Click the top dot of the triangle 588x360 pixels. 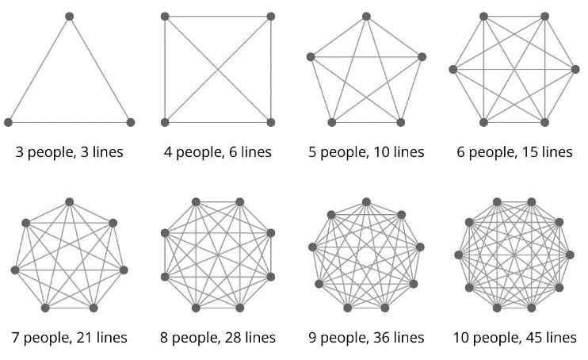[70, 16]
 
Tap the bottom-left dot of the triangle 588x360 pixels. [9, 122]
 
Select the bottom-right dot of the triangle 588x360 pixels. [131, 122]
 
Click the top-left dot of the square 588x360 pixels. [165, 16]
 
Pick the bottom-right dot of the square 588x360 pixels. [271, 122]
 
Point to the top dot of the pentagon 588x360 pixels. [365, 16]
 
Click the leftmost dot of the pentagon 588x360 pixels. [310, 56]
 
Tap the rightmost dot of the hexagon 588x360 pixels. [576, 70]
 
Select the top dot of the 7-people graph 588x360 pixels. [70, 201]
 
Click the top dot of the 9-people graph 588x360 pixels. [365, 201]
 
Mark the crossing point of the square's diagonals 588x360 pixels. [218, 69]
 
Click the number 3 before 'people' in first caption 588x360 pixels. [20, 152]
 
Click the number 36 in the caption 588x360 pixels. [385, 338]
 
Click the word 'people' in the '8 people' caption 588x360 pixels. [194, 339]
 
